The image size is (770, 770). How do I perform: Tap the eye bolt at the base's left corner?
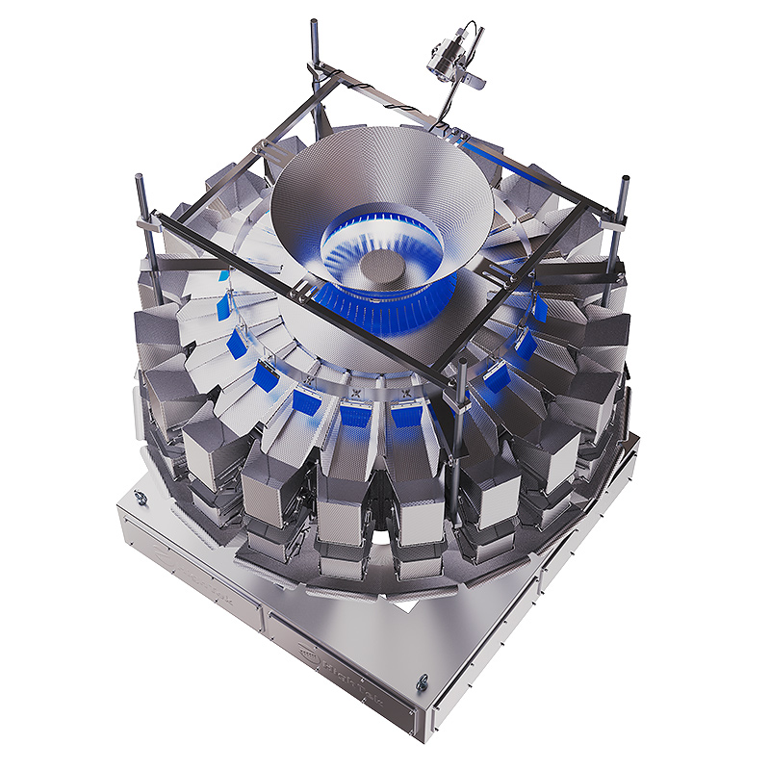(141, 497)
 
